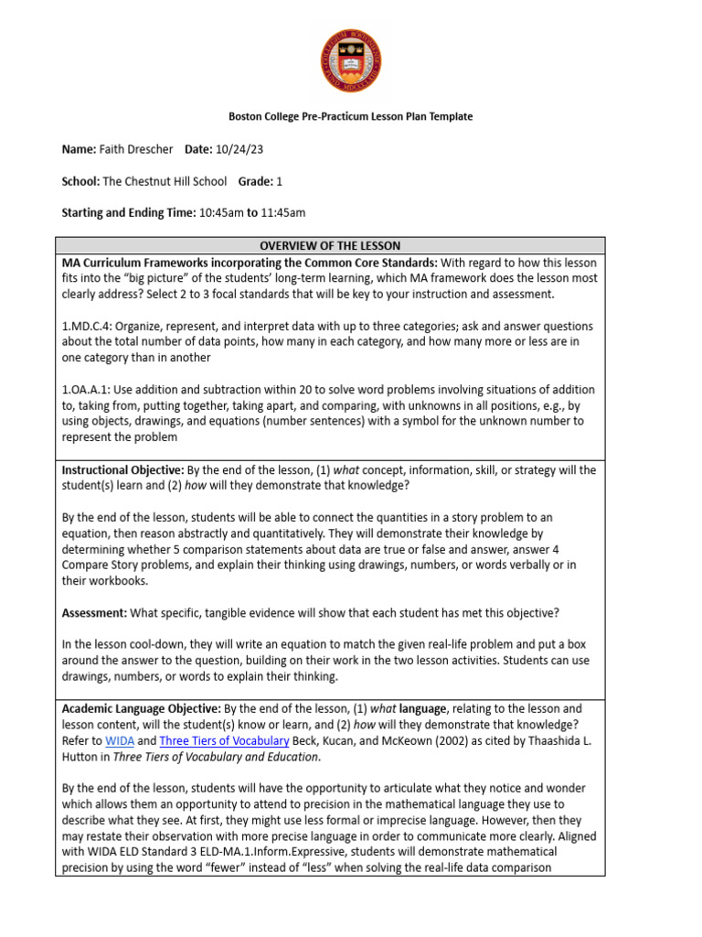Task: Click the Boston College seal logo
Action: coord(350,60)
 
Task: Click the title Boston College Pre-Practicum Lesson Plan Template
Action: coord(350,117)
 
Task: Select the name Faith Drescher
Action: coord(138,149)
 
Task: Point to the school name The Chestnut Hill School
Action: coord(165,181)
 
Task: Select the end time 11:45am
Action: coord(283,212)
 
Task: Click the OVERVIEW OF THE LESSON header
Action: coord(330,246)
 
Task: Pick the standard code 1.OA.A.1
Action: coord(86,390)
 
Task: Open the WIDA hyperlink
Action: coord(120,741)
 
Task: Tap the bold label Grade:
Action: coord(256,181)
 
